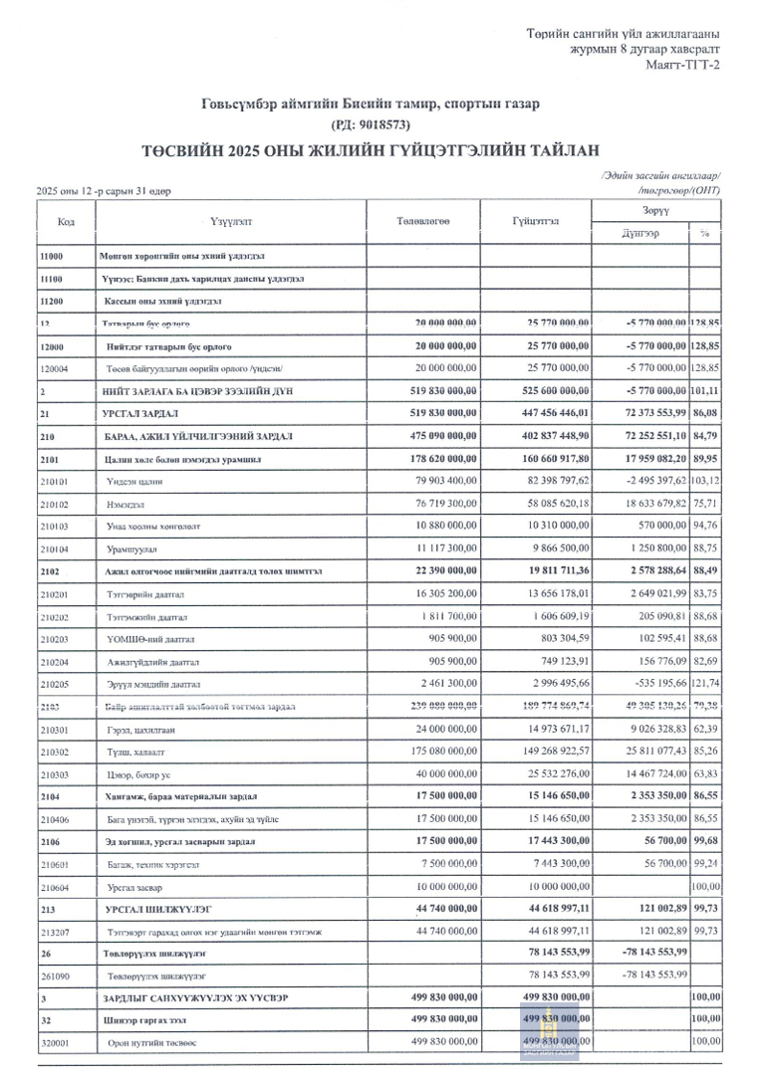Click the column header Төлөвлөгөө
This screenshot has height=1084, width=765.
click(423, 221)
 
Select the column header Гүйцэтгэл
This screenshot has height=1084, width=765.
click(536, 221)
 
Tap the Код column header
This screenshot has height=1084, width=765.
click(67, 221)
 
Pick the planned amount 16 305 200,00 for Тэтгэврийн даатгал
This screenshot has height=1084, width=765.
click(439, 594)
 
